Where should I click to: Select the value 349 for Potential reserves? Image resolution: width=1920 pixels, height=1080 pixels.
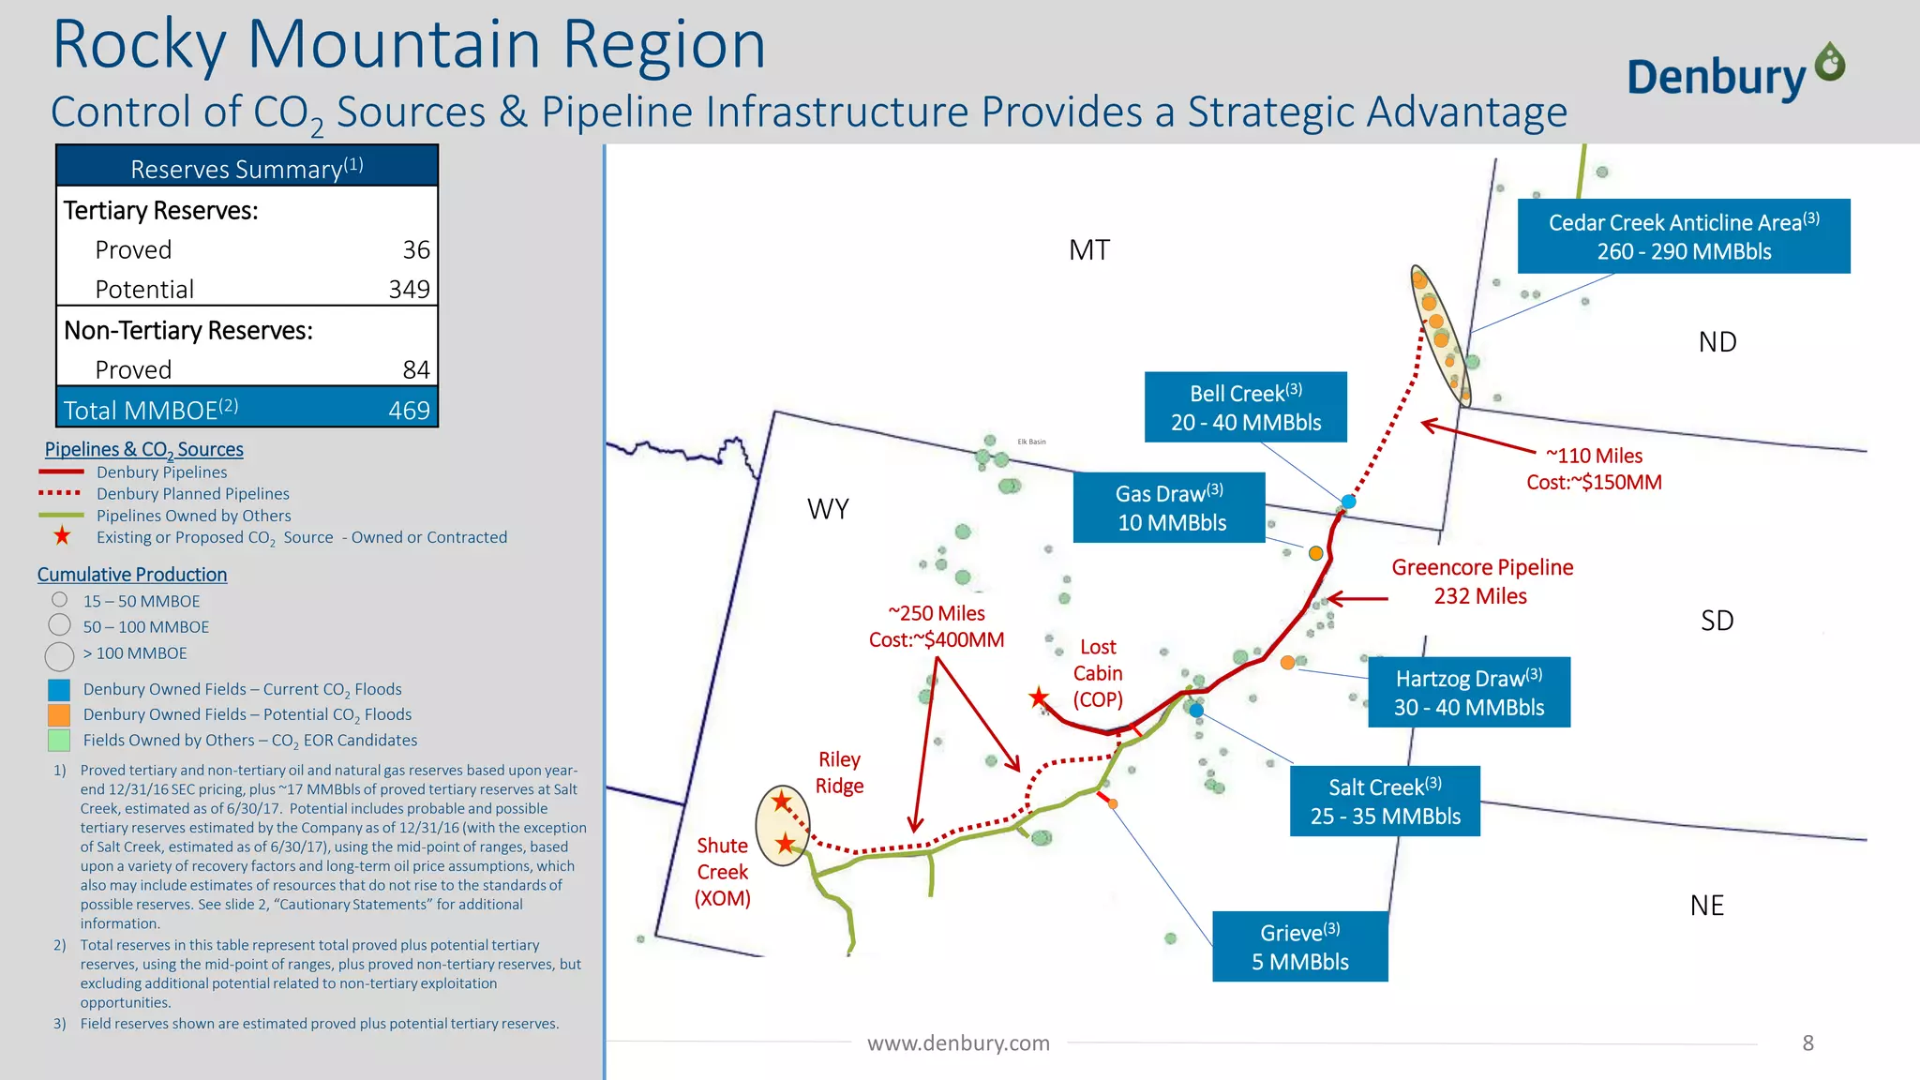[409, 290]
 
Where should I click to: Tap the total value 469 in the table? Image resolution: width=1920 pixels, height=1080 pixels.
[409, 411]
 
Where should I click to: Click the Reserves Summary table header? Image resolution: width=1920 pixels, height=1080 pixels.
[247, 168]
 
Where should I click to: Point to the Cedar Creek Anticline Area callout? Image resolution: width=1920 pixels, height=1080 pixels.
[1684, 236]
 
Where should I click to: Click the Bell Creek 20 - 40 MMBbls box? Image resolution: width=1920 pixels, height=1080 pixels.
[1245, 408]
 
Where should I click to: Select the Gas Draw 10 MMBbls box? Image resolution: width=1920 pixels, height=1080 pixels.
[1170, 508]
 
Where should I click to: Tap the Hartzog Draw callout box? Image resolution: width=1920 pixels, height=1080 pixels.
[1468, 693]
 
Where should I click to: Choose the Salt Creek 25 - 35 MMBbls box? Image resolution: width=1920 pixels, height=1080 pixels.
[1385, 802]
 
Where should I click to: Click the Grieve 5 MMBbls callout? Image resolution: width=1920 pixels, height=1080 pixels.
[1299, 947]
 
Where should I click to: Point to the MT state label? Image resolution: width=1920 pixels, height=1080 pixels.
[1088, 250]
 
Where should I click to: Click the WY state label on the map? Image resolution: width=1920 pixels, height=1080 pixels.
[828, 509]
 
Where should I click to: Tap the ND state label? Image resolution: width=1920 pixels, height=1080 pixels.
[1717, 342]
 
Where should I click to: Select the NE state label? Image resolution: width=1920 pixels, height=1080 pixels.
[1706, 906]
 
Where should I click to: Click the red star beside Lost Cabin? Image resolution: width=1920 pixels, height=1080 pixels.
[1039, 697]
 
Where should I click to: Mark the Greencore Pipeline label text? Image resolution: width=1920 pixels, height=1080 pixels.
[1481, 581]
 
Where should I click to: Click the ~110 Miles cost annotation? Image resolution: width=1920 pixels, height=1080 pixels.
[1594, 469]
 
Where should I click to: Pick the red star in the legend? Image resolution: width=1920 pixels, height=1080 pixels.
[62, 536]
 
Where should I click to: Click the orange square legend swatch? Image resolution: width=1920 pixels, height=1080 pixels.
[59, 714]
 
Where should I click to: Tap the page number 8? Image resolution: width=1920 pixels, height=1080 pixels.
[1807, 1043]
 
